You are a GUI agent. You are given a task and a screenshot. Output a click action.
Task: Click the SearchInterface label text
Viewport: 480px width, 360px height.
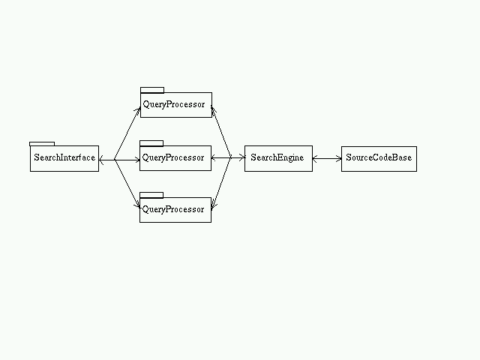(x=64, y=157)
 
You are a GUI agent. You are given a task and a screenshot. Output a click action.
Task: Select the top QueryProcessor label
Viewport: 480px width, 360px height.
(x=173, y=104)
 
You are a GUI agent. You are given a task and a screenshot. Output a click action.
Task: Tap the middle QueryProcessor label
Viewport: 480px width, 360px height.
(x=173, y=157)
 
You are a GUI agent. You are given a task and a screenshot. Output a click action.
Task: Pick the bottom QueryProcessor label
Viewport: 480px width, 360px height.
(x=173, y=209)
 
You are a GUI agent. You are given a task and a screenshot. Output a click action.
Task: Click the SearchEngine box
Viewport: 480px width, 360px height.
(x=278, y=158)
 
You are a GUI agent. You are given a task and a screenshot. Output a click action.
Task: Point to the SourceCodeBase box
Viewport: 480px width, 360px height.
(x=379, y=159)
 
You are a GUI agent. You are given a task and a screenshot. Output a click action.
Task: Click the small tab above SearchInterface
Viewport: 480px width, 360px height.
(x=42, y=144)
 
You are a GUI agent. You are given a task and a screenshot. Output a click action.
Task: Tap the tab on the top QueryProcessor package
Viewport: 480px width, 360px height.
(x=152, y=90)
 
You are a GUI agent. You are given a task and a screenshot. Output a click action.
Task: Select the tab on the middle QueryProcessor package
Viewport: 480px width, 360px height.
(x=151, y=143)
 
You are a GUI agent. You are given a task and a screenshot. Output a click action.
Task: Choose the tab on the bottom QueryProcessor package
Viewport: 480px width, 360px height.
(x=151, y=195)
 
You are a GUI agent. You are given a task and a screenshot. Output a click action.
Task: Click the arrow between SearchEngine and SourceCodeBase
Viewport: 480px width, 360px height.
(x=327, y=158)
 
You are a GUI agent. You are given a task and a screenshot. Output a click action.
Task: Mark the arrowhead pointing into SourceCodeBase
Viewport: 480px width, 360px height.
(x=339, y=158)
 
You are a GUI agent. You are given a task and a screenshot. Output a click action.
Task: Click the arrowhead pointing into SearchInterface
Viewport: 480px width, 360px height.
(x=102, y=160)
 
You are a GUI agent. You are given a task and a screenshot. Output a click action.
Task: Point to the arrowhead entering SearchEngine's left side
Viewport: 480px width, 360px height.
(x=242, y=157)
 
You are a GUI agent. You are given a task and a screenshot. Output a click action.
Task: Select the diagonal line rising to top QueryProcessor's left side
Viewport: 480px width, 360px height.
(x=127, y=133)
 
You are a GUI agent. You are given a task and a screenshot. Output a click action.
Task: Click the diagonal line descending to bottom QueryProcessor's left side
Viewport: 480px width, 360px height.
(x=127, y=183)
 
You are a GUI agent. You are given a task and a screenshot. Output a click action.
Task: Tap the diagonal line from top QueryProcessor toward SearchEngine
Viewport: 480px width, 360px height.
(x=220, y=132)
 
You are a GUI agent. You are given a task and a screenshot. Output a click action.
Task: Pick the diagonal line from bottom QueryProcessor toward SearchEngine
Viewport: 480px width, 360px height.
(x=221, y=183)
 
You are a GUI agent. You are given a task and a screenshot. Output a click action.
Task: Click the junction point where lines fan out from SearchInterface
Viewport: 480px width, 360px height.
(x=115, y=160)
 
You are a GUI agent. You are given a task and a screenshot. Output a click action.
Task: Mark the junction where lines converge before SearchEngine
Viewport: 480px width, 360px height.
(x=230, y=158)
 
